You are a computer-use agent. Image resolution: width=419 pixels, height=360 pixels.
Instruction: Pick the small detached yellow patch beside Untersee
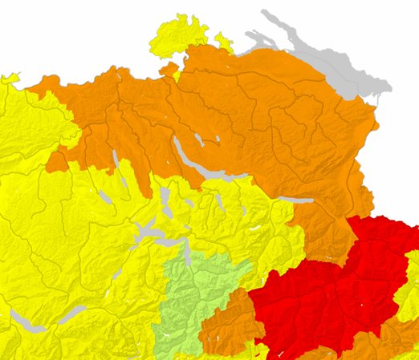click(222, 38)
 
